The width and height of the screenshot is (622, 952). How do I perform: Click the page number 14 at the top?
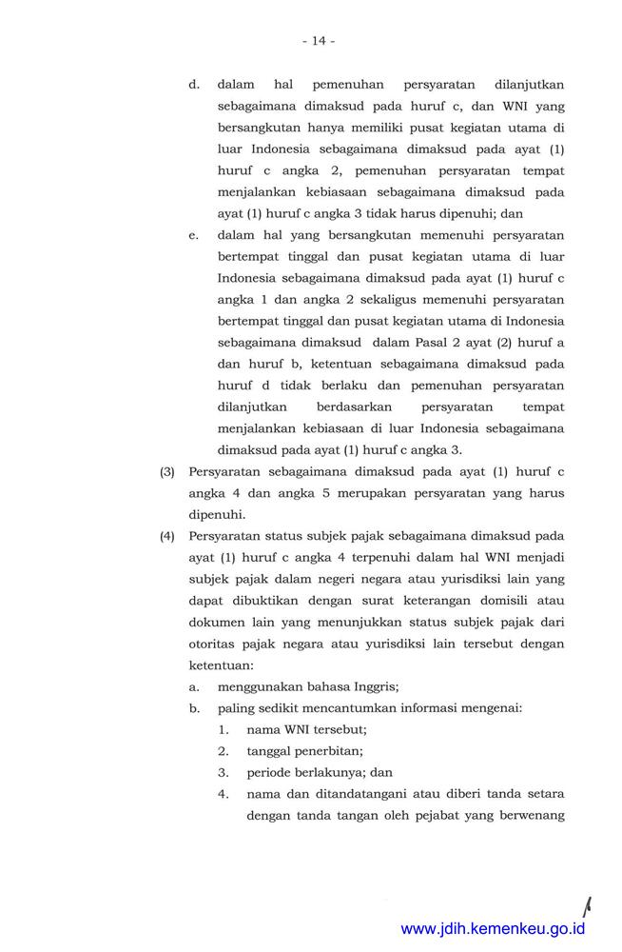click(x=319, y=41)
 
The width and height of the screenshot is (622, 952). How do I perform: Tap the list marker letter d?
click(x=193, y=85)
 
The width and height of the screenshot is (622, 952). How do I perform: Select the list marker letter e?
click(x=193, y=235)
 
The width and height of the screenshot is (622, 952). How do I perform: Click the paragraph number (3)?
click(x=167, y=472)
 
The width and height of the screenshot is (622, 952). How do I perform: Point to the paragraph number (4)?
click(x=167, y=537)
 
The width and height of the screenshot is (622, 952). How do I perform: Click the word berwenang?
click(x=529, y=815)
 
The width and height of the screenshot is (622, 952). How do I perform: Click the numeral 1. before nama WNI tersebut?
click(x=224, y=730)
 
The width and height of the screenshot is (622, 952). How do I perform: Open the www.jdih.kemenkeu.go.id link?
click(x=493, y=929)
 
